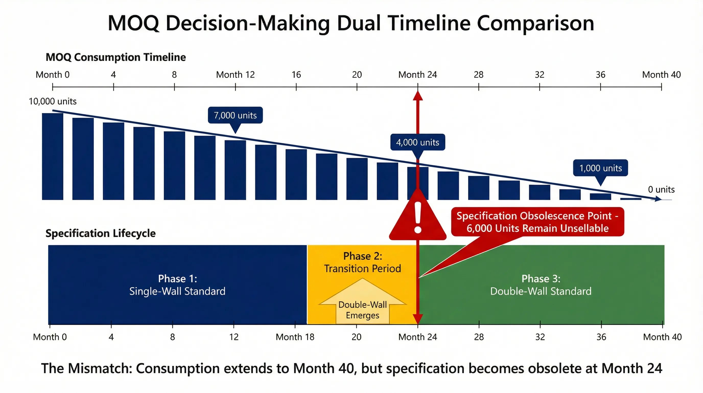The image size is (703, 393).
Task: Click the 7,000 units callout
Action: [235, 115]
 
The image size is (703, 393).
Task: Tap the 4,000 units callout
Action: [418, 143]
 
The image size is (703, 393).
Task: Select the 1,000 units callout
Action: [600, 168]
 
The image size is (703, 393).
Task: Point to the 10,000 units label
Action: [53, 101]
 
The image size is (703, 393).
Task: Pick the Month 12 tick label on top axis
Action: [235, 75]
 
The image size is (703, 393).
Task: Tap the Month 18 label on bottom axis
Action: [295, 337]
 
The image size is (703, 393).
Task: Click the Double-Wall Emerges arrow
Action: [362, 303]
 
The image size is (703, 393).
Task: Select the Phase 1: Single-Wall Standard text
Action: [177, 285]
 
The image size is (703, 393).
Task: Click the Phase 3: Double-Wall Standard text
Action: [541, 285]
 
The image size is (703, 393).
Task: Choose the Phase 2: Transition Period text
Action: [362, 262]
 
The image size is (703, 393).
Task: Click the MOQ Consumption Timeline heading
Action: [116, 57]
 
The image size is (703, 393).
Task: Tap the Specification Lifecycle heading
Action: [100, 233]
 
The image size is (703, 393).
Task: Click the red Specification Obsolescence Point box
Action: [537, 222]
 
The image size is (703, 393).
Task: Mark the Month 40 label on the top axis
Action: [661, 75]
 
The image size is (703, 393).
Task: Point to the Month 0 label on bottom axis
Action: [50, 337]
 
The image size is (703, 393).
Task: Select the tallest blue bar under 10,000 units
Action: [53, 156]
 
